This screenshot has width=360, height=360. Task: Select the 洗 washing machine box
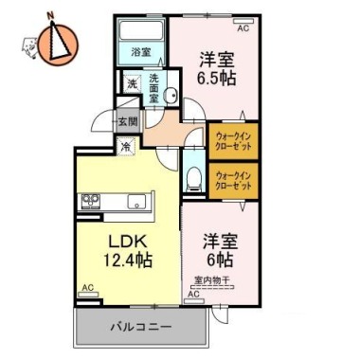pos(132,84)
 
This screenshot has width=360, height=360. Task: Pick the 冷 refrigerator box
pos(126,147)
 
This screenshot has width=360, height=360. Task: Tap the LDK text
pos(126,238)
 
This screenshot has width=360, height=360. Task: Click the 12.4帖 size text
pos(126,258)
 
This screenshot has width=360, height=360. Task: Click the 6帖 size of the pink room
pos(216,258)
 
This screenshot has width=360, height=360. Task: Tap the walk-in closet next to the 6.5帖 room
pos(231,138)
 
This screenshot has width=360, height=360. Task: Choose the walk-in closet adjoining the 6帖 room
pos(231,179)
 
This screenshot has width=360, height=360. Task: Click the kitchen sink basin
pos(135,201)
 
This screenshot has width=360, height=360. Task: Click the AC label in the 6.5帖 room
pos(243,29)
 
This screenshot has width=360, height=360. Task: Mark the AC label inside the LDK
pos(87,287)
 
